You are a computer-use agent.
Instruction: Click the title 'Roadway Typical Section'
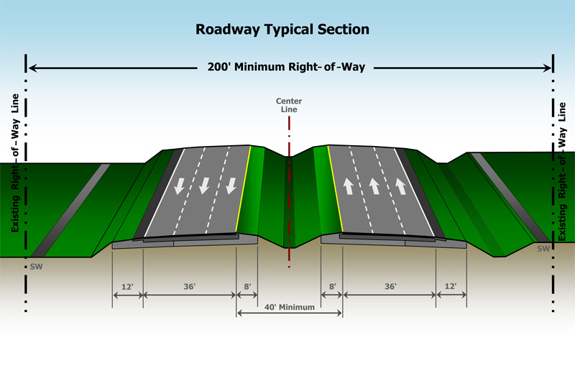(x=282, y=30)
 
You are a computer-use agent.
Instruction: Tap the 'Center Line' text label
(x=287, y=105)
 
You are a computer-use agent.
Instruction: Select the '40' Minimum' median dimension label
(x=289, y=307)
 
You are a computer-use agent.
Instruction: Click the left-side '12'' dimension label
(x=127, y=287)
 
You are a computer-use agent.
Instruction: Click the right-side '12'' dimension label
(x=451, y=287)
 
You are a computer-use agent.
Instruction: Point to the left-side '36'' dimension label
(x=190, y=287)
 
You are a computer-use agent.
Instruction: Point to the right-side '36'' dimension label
(x=390, y=287)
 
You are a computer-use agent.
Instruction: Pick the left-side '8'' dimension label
(x=247, y=287)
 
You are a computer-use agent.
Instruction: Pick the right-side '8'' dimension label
(x=332, y=287)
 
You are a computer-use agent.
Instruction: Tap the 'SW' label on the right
(x=543, y=248)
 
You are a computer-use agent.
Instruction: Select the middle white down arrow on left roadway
(x=204, y=186)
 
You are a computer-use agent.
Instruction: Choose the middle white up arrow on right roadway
(x=373, y=186)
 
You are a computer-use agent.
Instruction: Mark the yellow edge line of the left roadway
(x=244, y=191)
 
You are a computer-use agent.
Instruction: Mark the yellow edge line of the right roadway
(x=333, y=191)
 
